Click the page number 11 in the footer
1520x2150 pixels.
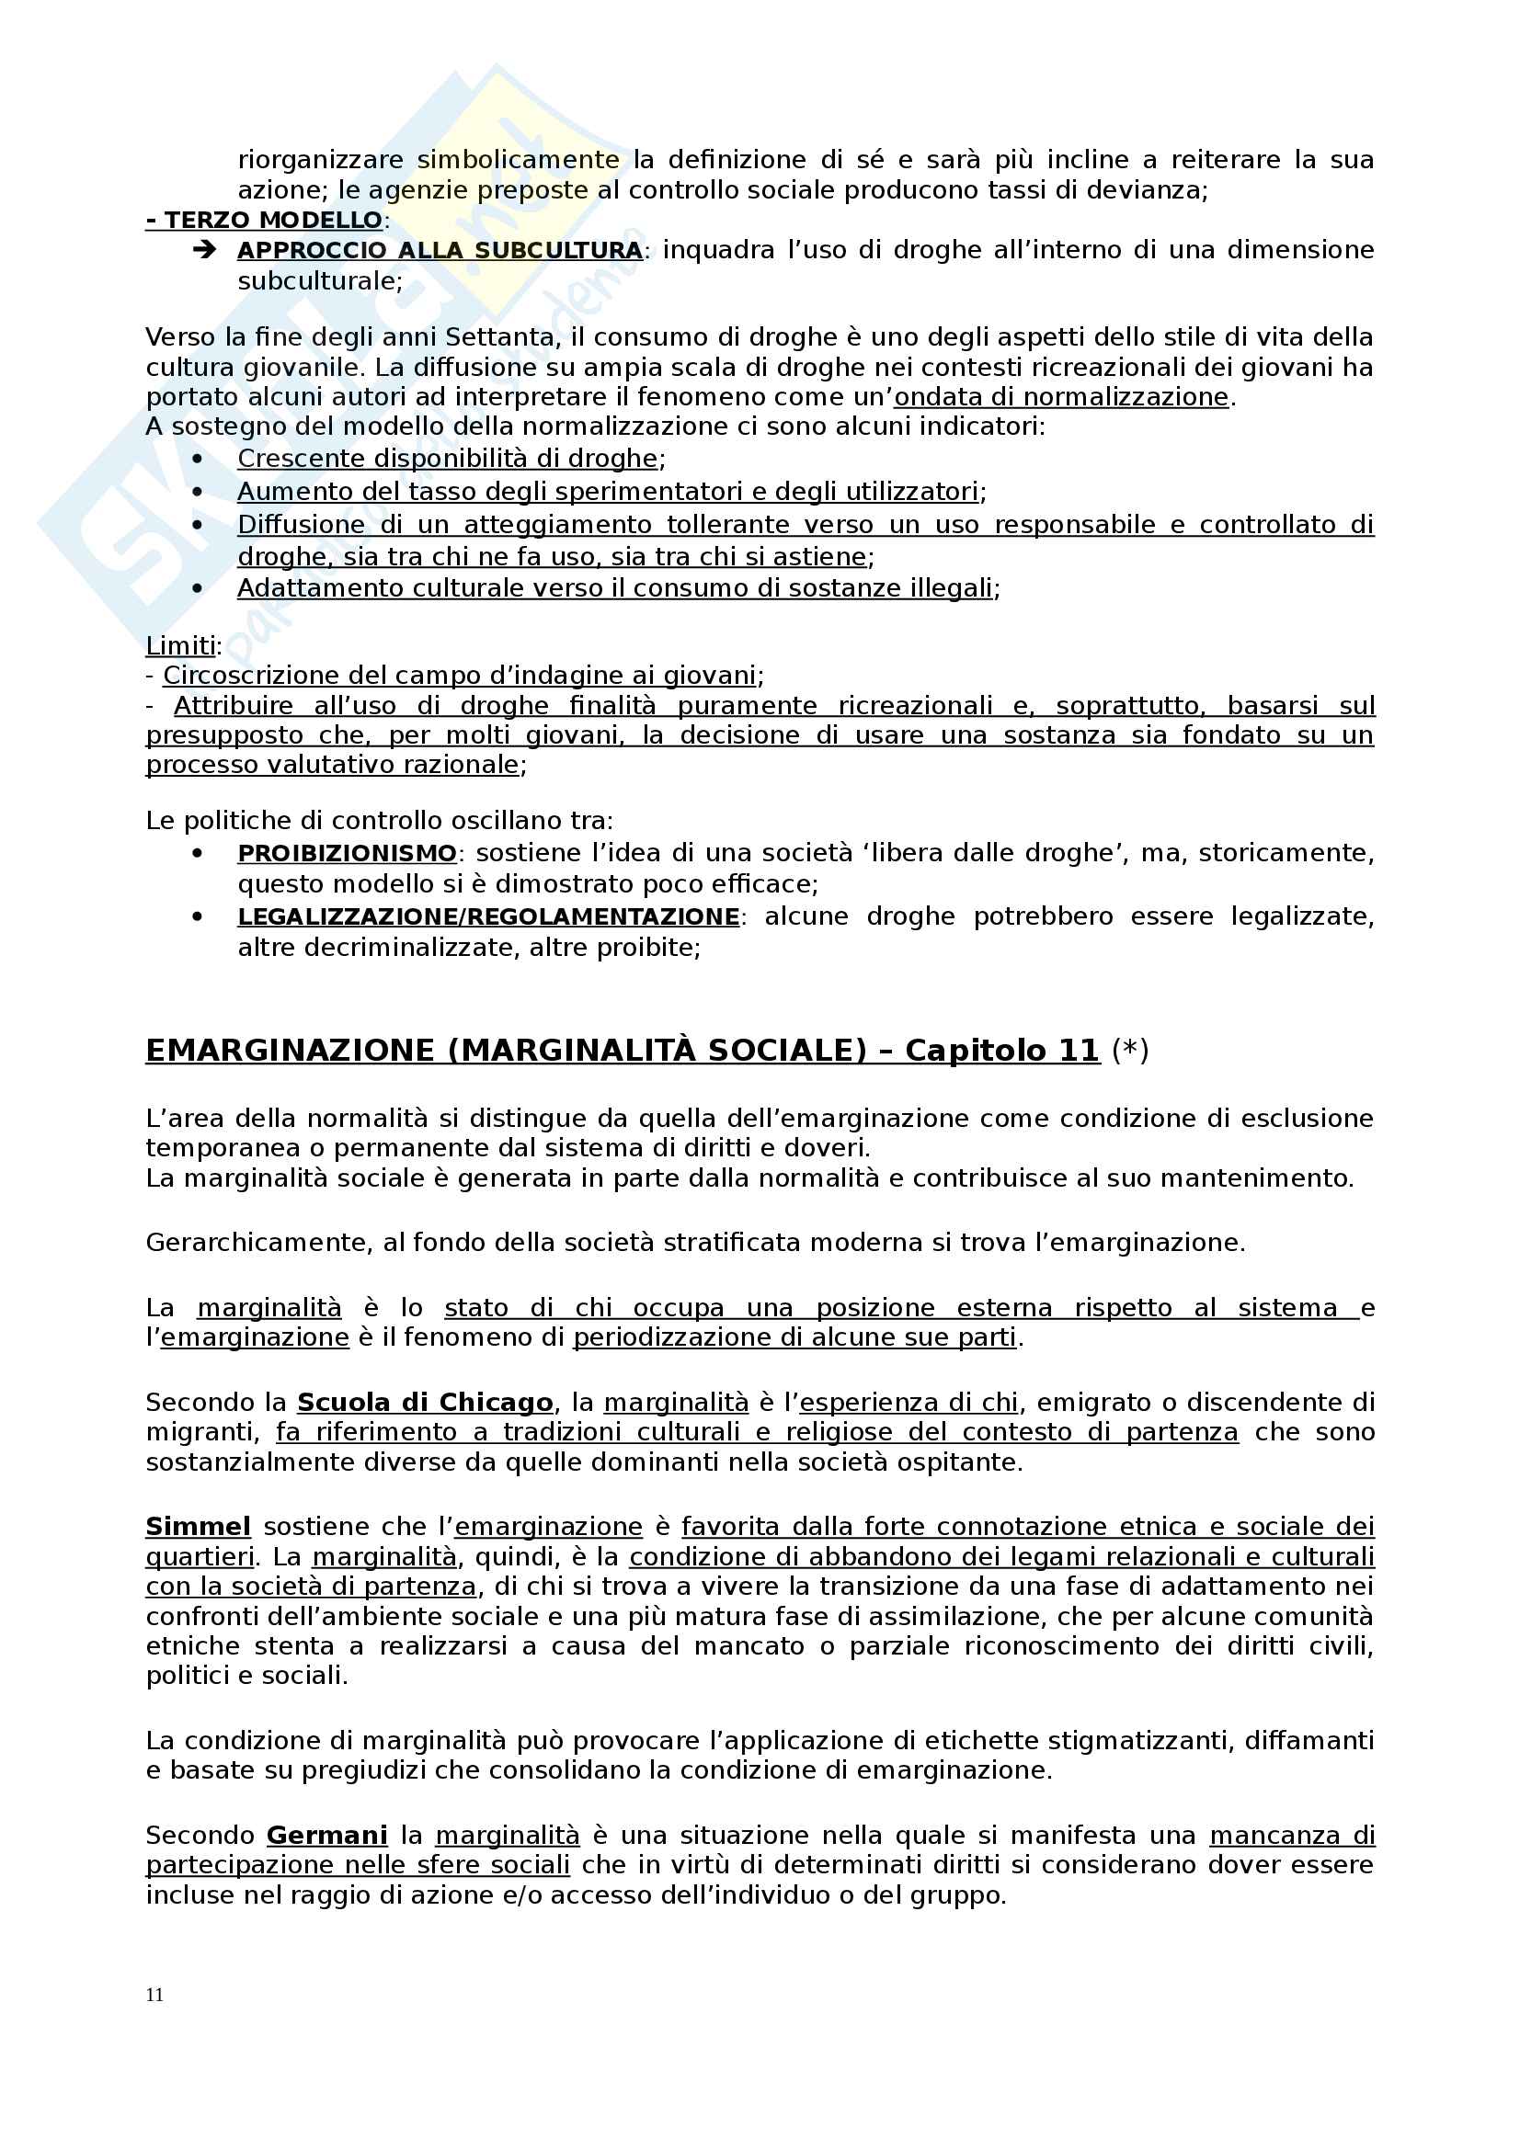(154, 1995)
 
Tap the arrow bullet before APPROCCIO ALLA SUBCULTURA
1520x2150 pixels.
(204, 250)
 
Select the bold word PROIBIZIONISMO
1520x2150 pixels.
(347, 853)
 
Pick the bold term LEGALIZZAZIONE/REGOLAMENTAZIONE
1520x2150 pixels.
(488, 916)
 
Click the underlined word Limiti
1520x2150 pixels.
(181, 645)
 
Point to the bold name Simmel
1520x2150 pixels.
(198, 1527)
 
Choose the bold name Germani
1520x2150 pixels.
(326, 1835)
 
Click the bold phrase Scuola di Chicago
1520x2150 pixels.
(425, 1402)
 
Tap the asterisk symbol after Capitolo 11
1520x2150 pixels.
(1129, 1050)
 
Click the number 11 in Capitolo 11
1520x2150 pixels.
(1079, 1051)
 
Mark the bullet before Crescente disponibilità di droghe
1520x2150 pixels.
(197, 459)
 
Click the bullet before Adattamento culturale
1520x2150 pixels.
(197, 588)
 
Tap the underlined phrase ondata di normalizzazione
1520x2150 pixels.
(1061, 397)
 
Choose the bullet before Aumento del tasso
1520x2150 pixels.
(197, 492)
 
